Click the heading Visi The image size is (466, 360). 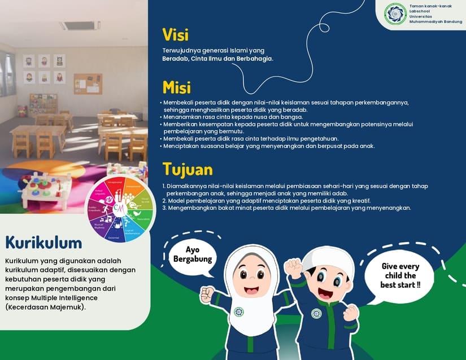pos(175,34)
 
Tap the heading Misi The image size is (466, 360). pos(176,87)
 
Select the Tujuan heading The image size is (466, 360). pos(188,169)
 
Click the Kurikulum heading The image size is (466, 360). pos(43,243)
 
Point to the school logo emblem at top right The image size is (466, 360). pos(395,14)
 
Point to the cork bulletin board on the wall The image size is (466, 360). pos(88,84)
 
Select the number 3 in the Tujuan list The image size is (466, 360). pos(164,208)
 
